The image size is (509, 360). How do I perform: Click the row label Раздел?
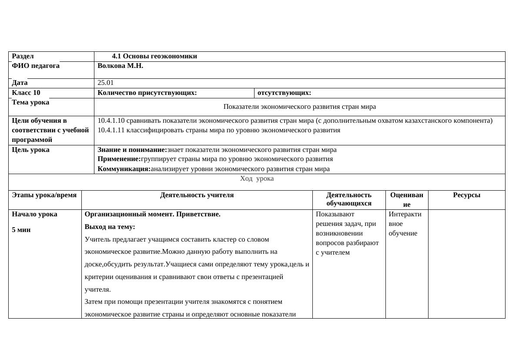click(x=23, y=56)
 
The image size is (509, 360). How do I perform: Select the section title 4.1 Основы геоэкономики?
click(x=154, y=56)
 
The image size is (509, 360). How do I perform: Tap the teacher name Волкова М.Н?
click(x=121, y=66)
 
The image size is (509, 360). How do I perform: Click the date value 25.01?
click(x=106, y=83)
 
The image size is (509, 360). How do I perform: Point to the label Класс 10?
click(x=26, y=93)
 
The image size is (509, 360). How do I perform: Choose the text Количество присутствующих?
click(x=147, y=93)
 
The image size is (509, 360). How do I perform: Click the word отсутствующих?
click(x=284, y=93)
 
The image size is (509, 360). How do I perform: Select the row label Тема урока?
click(x=30, y=103)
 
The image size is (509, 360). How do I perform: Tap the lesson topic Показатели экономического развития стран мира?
click(x=299, y=107)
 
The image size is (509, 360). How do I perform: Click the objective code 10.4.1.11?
click(x=111, y=130)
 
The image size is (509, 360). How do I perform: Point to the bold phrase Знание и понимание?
click(x=132, y=150)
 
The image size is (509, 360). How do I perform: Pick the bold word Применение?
click(x=119, y=159)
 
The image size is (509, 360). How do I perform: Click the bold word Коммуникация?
click(x=124, y=169)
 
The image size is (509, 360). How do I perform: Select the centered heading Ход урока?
click(x=257, y=178)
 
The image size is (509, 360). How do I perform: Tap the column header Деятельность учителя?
click(x=197, y=195)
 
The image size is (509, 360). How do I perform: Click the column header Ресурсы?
click(x=466, y=195)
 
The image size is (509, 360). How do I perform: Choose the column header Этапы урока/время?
click(x=44, y=195)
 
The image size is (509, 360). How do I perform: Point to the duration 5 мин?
click(x=21, y=230)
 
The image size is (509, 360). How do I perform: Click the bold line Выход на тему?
click(x=110, y=227)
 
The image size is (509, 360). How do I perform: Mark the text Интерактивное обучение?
click(x=405, y=224)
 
